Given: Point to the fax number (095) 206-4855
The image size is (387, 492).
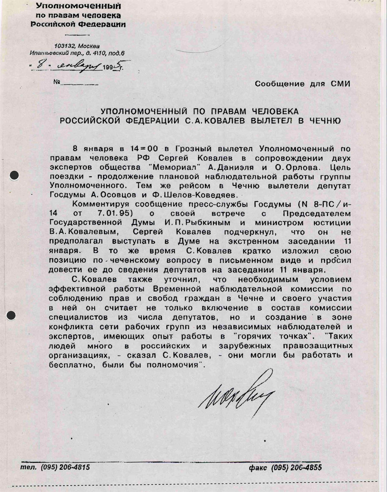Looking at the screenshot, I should point(296,468).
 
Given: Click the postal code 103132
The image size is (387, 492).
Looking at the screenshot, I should point(64,46).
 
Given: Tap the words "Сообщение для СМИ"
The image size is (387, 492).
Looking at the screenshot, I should point(302,84).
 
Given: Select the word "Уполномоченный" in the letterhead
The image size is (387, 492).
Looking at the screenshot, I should point(78,6).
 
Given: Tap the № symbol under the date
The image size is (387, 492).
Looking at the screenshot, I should point(58,81).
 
